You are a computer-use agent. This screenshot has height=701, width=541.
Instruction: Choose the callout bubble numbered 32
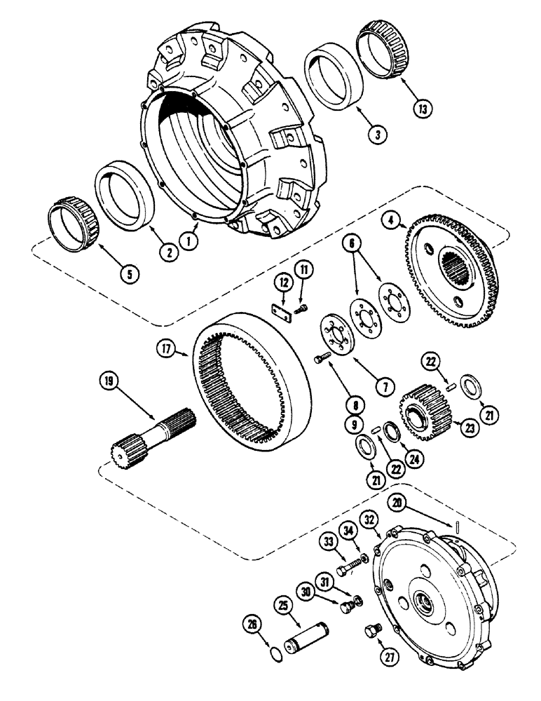(370, 519)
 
